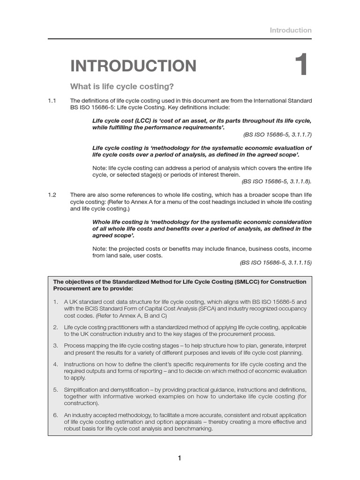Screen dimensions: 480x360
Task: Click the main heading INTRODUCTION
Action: (133, 66)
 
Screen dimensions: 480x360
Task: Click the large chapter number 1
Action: (301, 66)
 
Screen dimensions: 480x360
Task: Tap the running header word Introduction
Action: (290, 30)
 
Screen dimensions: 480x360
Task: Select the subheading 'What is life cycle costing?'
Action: (122, 87)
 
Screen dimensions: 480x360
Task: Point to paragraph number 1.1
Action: (52, 101)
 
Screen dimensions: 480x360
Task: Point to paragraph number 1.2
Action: (52, 195)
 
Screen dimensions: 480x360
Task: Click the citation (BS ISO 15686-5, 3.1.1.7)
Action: (277, 135)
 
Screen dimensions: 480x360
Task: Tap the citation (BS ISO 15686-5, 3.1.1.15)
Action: (276, 262)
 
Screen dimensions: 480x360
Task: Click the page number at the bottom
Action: (180, 458)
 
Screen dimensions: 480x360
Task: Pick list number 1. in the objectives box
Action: (55, 302)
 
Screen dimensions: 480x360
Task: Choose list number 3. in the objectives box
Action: (55, 345)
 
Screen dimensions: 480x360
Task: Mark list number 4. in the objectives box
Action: (55, 364)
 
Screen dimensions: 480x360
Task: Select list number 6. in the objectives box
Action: (55, 415)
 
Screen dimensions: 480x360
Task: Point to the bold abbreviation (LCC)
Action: (140, 121)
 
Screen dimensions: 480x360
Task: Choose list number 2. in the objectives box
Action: (55, 327)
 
